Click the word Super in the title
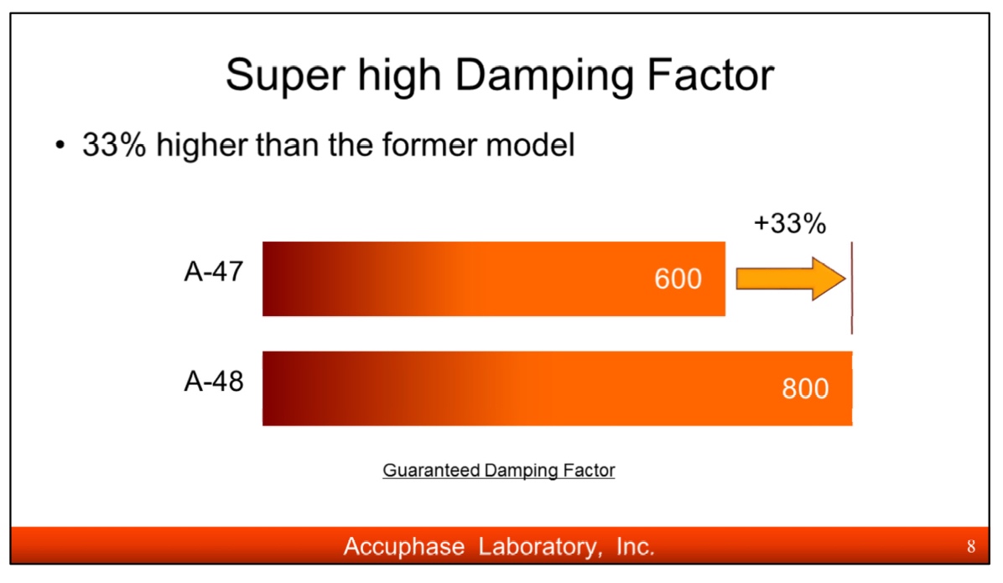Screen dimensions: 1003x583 tap(285, 75)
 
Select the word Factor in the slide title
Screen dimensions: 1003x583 tap(710, 74)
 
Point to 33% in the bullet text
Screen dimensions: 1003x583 tap(115, 144)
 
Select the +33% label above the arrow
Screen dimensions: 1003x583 tap(790, 223)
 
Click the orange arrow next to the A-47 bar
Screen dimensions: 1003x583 tap(791, 278)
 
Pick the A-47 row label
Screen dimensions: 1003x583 tap(214, 271)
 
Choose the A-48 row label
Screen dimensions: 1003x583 tap(214, 382)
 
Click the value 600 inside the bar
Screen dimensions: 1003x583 tap(678, 279)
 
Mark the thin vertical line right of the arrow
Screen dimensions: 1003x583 tap(851, 288)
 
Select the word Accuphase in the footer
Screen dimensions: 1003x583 tap(404, 547)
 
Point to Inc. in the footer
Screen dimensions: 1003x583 tap(636, 547)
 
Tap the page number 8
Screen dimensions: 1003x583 tap(971, 547)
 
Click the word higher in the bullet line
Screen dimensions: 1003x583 tap(200, 144)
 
